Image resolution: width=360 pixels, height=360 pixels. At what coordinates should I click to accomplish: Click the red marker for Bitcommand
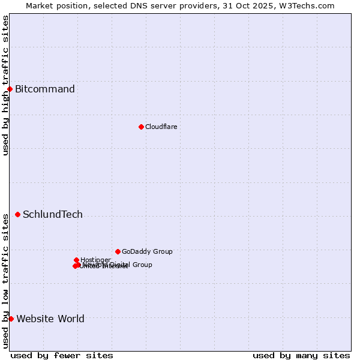10,89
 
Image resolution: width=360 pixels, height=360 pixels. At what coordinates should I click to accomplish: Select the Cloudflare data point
141,127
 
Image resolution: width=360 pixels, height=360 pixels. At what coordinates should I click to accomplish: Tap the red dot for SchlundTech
17,215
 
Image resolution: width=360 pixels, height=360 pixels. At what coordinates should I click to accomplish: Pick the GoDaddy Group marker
118,251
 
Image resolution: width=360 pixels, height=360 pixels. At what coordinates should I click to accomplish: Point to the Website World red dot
11,319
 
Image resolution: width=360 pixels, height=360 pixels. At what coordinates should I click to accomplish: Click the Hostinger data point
76,260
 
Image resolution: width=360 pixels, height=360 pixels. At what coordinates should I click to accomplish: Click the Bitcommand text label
45,89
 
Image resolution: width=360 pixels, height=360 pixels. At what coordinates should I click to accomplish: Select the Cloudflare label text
161,127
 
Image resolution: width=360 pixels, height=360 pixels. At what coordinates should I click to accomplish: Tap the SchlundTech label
53,215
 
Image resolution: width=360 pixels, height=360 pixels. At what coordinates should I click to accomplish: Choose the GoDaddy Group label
147,251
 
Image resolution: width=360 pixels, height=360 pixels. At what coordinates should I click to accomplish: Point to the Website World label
50,319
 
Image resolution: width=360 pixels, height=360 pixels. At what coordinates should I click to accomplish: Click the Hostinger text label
95,260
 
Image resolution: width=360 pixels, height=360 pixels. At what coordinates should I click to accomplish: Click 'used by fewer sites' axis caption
62,355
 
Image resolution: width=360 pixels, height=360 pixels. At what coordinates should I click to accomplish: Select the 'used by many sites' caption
301,355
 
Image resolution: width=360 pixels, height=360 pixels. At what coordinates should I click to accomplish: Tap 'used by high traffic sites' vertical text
5,85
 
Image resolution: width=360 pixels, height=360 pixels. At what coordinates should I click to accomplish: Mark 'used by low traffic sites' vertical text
5,280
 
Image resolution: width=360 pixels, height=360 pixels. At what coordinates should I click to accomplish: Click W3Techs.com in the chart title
309,5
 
